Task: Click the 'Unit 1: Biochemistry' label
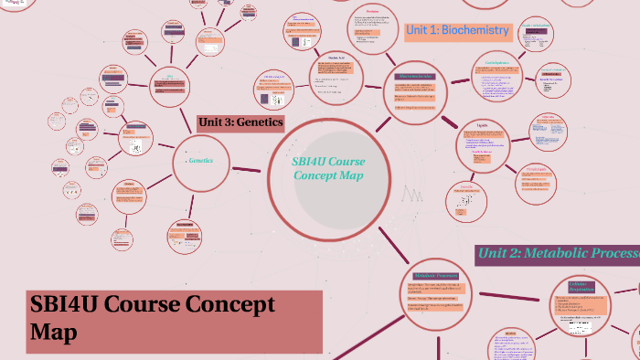point(456,30)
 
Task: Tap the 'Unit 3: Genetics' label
point(240,122)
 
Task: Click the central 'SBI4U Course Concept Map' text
point(327,168)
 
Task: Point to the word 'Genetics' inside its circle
point(201,160)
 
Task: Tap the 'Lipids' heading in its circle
point(488,125)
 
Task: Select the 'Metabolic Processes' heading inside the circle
point(435,275)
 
